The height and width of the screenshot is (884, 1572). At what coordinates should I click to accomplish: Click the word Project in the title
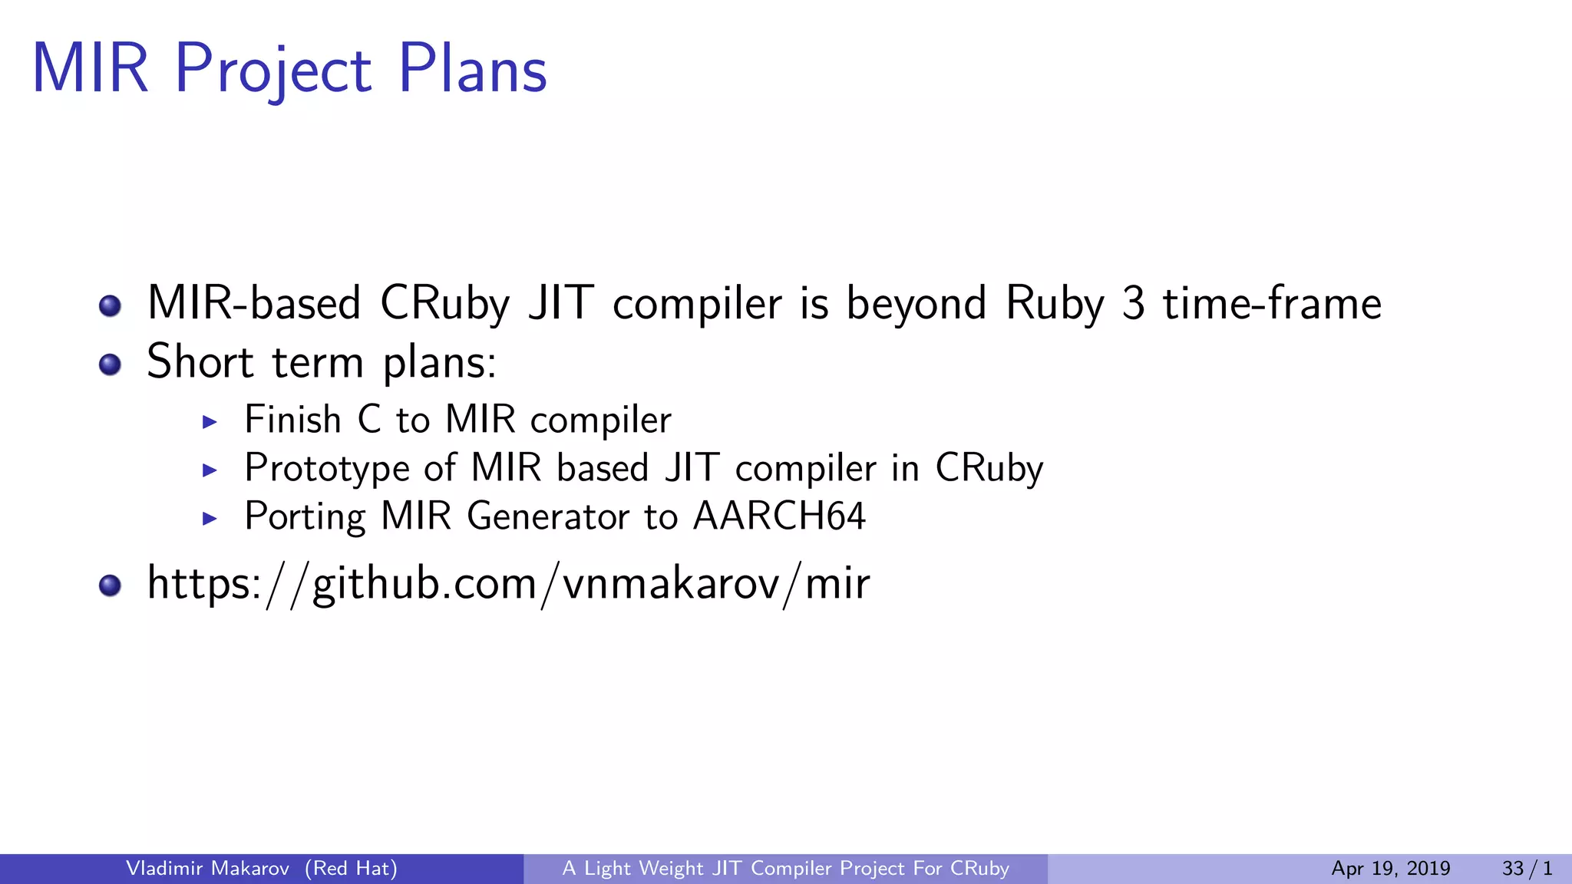point(273,71)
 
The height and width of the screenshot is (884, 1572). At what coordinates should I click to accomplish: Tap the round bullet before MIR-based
point(111,305)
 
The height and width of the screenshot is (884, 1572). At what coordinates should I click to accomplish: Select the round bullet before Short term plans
point(111,364)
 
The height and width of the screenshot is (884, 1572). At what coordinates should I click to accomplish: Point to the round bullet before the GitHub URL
point(111,585)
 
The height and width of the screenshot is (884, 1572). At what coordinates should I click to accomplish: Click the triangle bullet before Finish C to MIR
point(210,421)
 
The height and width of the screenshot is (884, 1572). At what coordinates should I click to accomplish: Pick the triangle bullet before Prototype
point(210,470)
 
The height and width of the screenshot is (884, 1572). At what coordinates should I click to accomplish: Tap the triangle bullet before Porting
point(210,518)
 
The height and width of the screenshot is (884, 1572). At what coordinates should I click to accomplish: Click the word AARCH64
point(779,516)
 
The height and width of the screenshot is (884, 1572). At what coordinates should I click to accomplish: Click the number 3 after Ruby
point(1133,303)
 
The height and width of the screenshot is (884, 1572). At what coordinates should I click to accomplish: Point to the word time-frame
point(1272,303)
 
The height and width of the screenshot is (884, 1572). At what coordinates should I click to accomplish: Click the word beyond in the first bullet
point(916,303)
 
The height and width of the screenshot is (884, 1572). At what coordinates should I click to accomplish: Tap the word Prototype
point(327,468)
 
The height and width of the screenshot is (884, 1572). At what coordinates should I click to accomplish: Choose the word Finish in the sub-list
point(292,420)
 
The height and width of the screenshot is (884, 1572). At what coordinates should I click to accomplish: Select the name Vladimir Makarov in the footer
point(207,868)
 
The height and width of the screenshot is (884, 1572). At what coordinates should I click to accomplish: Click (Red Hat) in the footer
point(351,868)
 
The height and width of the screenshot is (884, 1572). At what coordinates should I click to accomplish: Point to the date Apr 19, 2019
point(1390,868)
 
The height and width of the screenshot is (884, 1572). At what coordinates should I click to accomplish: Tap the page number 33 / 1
point(1527,868)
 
